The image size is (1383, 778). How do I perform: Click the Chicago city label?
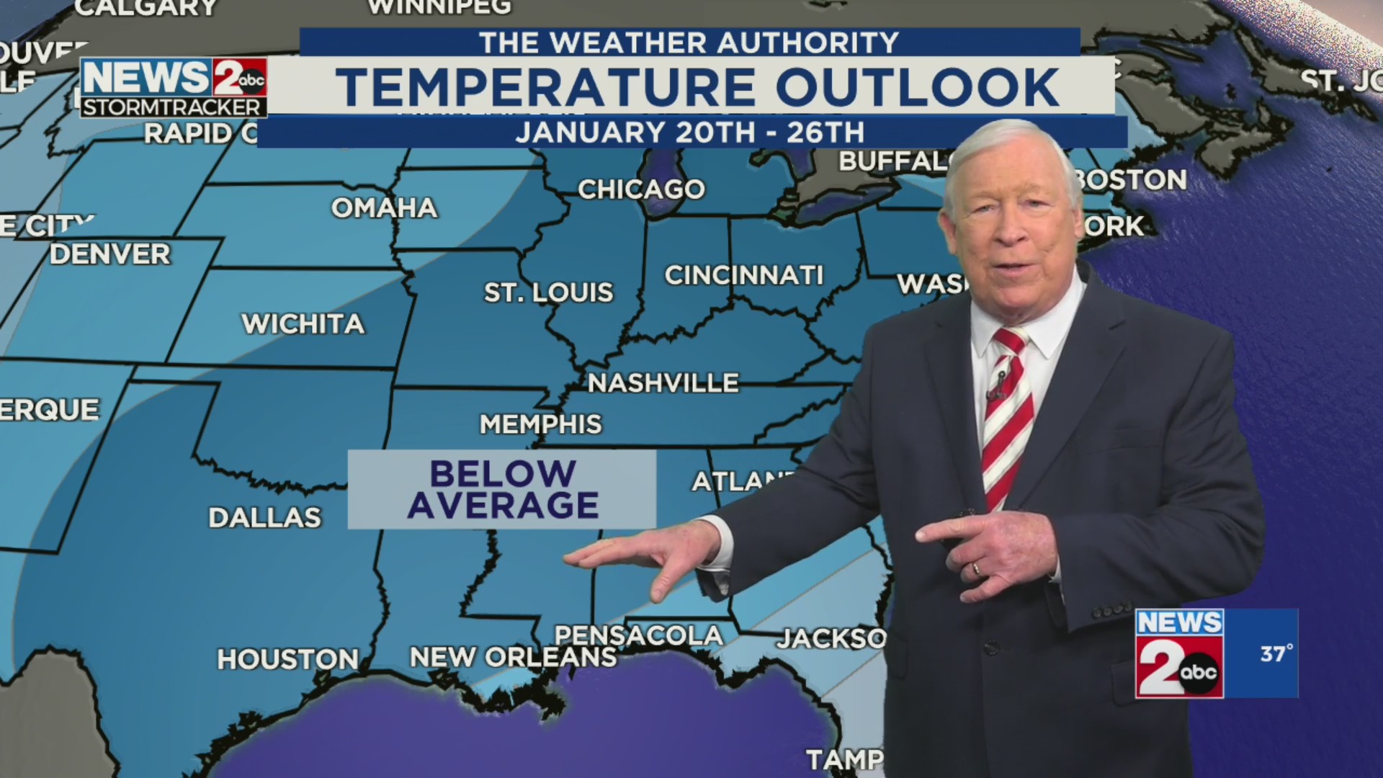641,189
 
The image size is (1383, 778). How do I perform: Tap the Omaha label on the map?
384,208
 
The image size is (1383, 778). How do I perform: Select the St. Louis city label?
548,292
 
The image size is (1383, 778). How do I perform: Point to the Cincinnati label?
743,275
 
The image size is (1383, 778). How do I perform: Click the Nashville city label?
663,383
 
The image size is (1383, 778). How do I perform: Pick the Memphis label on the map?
540,424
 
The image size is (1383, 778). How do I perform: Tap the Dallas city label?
264,517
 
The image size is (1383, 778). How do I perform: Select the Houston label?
288,659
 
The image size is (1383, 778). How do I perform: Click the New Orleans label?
513,657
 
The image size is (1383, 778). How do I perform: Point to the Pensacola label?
638,635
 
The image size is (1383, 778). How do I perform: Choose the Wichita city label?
303,324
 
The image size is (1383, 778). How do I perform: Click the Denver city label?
110,254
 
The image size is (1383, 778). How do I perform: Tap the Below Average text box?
502,490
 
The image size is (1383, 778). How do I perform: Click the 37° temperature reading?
1276,653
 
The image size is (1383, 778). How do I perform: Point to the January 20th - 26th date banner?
690,133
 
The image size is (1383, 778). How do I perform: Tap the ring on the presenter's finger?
976,569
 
